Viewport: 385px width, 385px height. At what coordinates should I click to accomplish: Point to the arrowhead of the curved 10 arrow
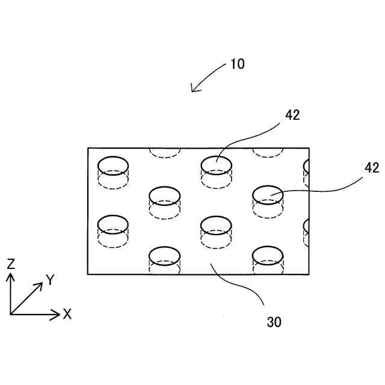point(192,91)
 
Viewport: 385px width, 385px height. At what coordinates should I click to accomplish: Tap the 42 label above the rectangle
point(292,115)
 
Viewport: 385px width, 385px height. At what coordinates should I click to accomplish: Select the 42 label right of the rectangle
point(372,168)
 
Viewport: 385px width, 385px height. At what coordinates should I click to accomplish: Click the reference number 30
point(274,322)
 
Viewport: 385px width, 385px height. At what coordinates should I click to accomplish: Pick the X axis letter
point(67,313)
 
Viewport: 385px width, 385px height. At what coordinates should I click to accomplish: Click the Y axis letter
point(51,280)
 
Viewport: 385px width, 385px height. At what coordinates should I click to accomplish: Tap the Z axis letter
point(11,263)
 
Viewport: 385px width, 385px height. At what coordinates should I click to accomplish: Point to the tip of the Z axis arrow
point(10,273)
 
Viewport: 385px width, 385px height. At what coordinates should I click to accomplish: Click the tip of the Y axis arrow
point(42,283)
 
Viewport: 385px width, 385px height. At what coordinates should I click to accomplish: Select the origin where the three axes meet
point(10,313)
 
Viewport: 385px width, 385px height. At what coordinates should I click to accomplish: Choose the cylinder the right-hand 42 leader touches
point(268,202)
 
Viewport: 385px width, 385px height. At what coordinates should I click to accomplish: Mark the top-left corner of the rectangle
point(88,148)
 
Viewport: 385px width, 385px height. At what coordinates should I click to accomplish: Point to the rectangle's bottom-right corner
point(309,274)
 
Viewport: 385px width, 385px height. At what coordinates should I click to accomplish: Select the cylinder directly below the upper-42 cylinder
point(216,232)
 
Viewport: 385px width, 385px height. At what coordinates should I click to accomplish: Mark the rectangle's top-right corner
point(309,148)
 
